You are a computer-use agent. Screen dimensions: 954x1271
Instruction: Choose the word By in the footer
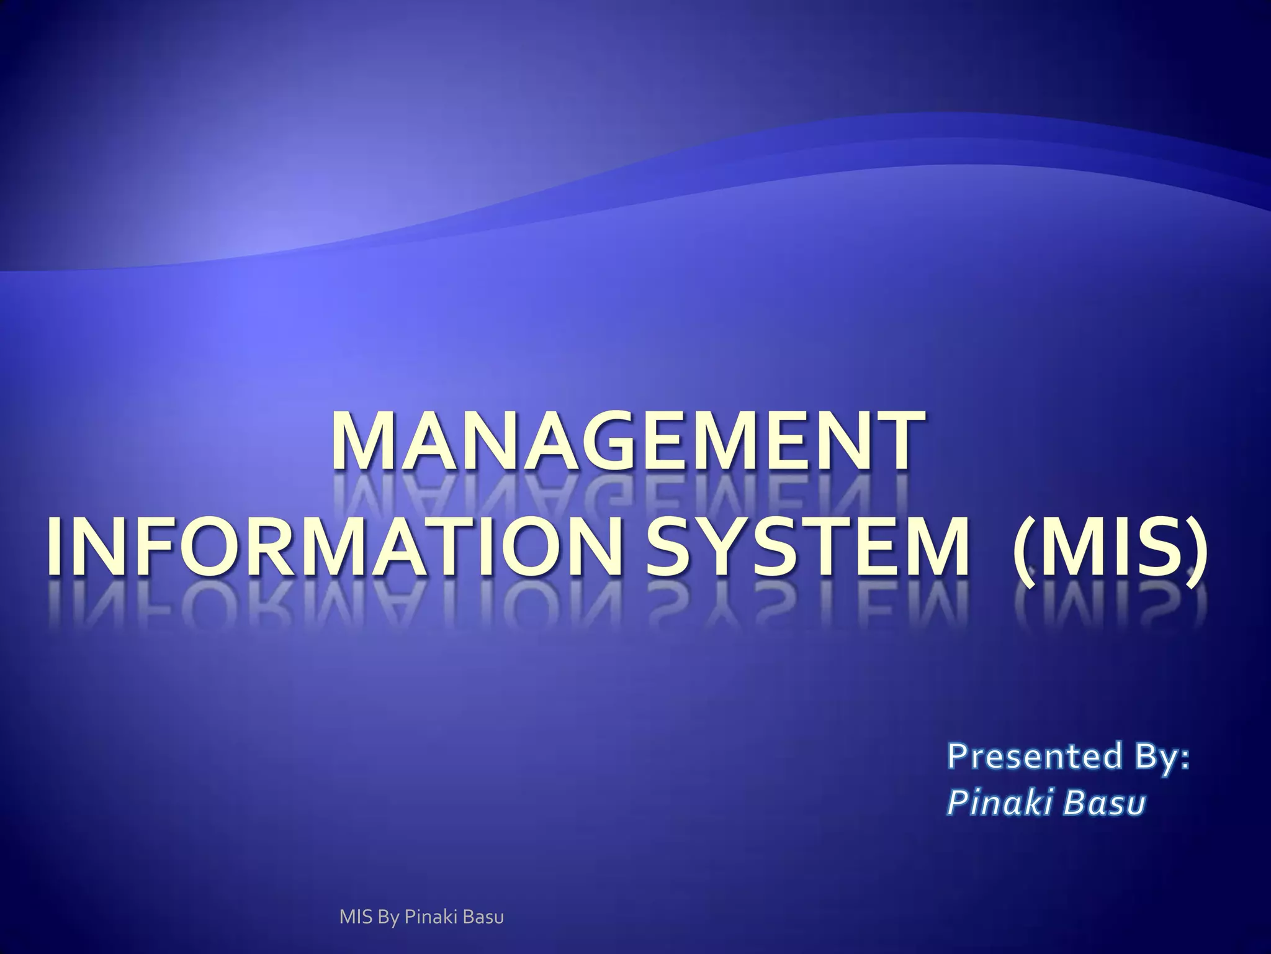tap(387, 917)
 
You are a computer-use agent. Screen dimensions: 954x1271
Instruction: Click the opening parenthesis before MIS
tap(1023, 547)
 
